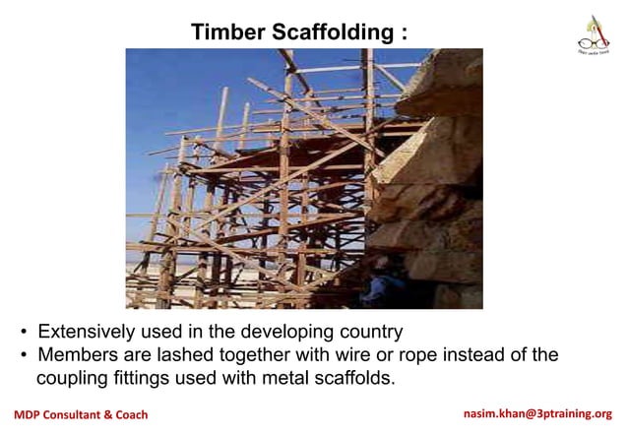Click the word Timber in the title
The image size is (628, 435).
[x=226, y=31]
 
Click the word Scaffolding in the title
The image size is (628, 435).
[x=331, y=31]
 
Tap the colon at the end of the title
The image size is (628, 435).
[x=404, y=33]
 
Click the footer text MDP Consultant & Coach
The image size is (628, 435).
[x=81, y=415]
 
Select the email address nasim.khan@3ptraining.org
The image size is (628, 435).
[x=537, y=414]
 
